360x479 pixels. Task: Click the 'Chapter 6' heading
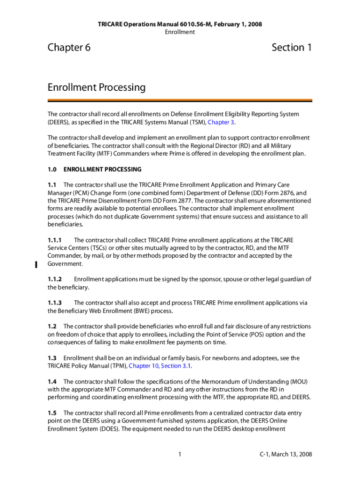click(69, 48)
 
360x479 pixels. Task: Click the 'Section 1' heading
click(291, 48)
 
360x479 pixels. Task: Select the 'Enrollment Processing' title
click(96, 87)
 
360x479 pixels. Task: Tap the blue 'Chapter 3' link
click(221, 122)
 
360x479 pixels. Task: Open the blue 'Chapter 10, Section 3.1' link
click(160, 366)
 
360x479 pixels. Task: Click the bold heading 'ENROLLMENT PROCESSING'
click(102, 169)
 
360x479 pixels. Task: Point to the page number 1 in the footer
click(180, 454)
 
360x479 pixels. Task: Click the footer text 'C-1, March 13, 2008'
click(286, 454)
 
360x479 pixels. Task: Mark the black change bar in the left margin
click(36, 264)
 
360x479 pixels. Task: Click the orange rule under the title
click(180, 100)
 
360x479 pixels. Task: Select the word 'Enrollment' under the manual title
click(180, 32)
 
